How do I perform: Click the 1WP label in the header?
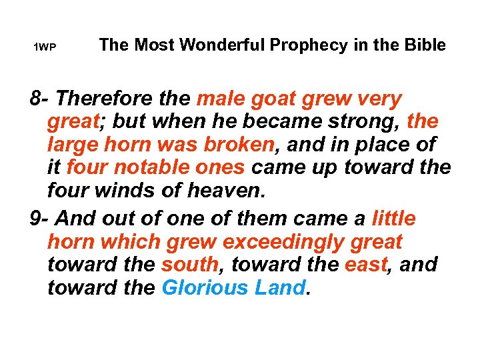pyautogui.click(x=45, y=48)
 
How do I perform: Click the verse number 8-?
pyautogui.click(x=41, y=99)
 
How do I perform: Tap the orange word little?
pyautogui.click(x=393, y=219)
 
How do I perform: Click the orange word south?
pyautogui.click(x=190, y=265)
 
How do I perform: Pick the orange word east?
pyautogui.click(x=366, y=265)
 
